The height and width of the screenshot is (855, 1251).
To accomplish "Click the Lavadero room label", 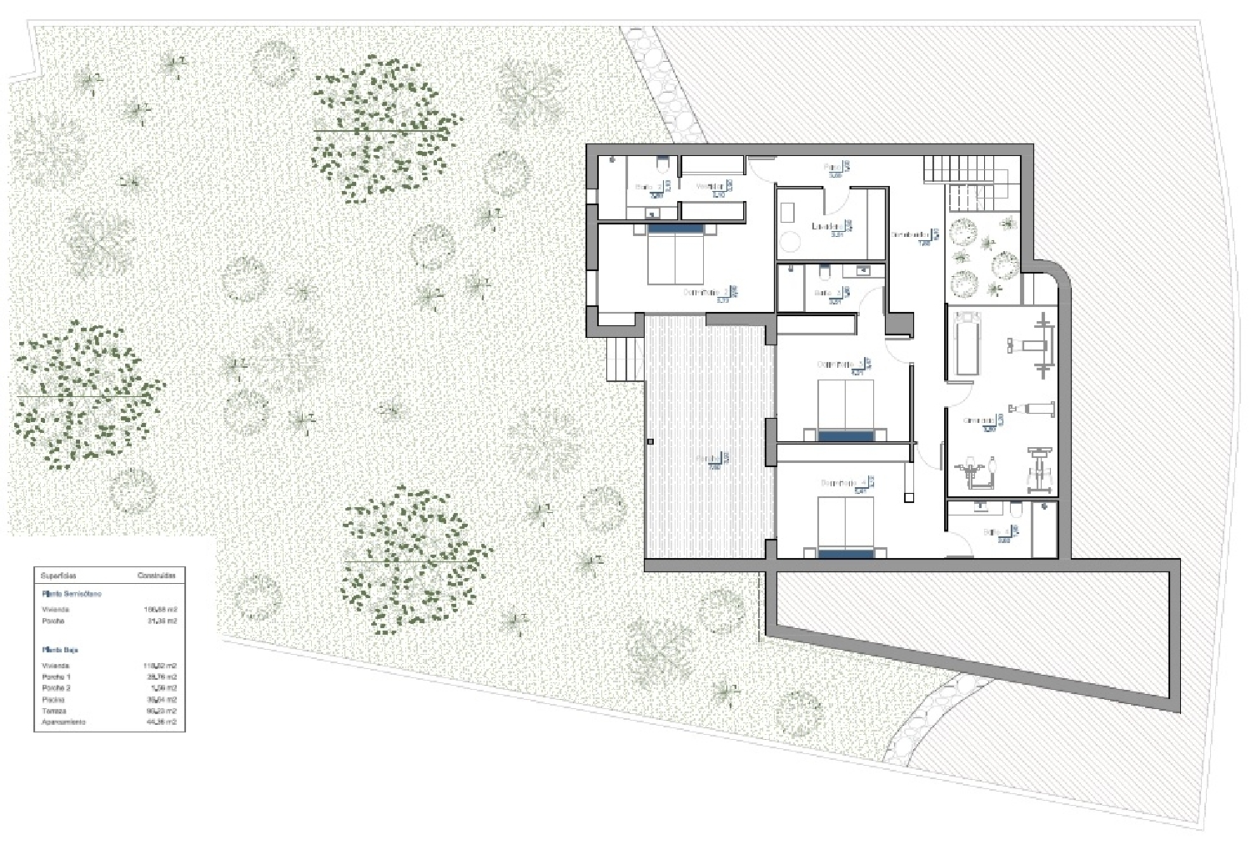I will click(x=827, y=226).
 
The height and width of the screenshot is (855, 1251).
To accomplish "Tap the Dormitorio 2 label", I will click(x=705, y=293).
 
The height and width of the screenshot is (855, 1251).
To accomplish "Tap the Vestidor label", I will click(x=710, y=187).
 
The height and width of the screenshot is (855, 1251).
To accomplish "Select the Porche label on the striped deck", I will click(x=709, y=459).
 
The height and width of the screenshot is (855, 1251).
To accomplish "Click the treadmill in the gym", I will click(x=966, y=342).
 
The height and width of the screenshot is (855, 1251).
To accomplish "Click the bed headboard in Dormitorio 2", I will click(x=676, y=227).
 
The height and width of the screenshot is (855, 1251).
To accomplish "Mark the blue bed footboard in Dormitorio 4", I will click(x=846, y=552).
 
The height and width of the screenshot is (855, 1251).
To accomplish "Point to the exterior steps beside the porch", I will click(x=624, y=359).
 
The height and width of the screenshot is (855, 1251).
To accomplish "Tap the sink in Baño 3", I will click(x=864, y=270).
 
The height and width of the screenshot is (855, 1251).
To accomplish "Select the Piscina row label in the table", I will click(x=52, y=700).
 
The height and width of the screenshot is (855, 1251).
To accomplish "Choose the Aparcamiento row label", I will click(x=63, y=722).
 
